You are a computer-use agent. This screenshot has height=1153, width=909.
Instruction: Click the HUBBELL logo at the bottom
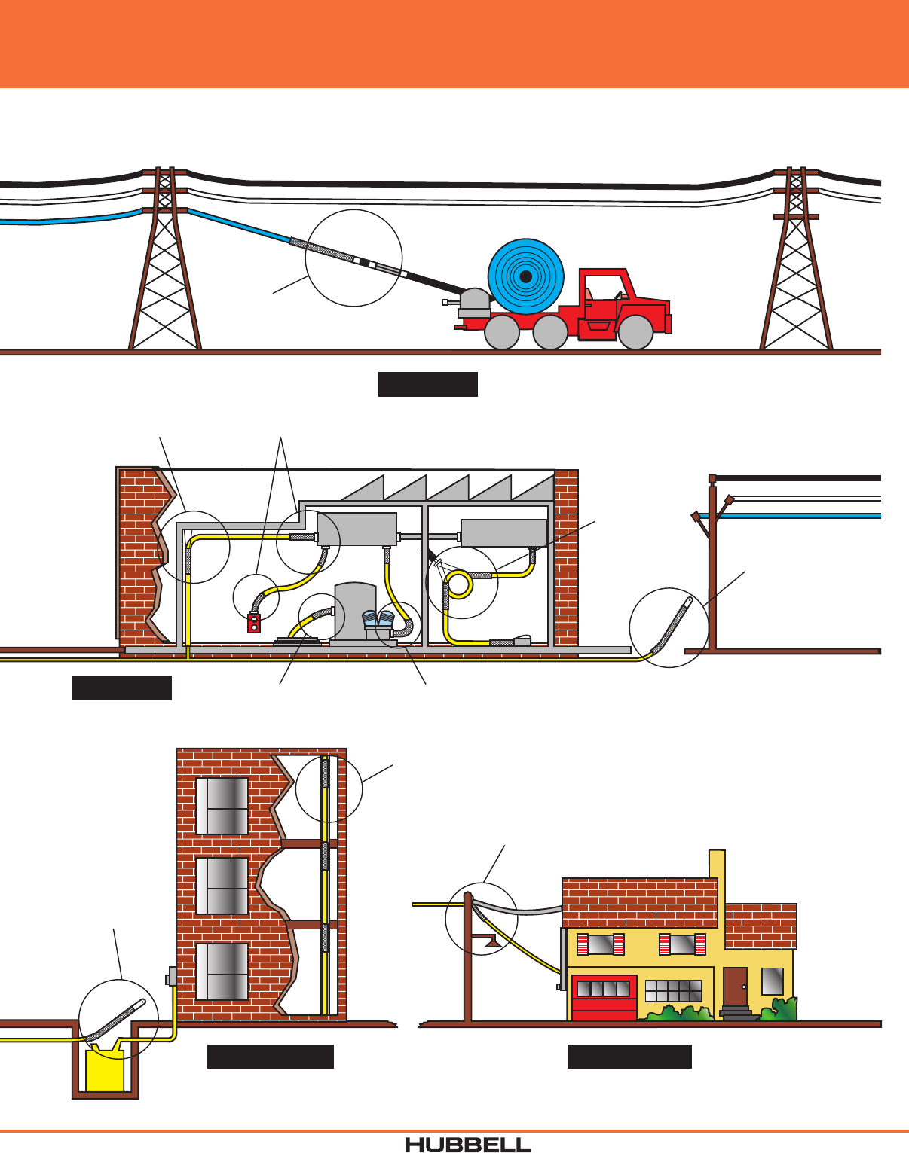467,1144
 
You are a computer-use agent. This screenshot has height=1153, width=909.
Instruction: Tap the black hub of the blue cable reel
526,276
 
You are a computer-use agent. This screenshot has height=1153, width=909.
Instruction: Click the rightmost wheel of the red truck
635,332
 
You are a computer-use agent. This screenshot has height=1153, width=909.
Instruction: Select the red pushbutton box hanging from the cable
254,623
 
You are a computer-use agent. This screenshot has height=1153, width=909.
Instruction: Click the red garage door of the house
604,998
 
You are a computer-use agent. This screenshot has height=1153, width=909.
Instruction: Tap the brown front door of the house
735,987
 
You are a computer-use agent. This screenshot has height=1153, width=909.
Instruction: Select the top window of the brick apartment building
222,806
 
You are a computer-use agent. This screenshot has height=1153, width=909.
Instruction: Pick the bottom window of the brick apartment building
222,972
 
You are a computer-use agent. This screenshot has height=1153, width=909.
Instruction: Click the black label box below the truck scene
427,384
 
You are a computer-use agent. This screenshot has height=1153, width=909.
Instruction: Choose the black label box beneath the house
629,1057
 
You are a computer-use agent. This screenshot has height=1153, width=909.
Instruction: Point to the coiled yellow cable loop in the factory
459,584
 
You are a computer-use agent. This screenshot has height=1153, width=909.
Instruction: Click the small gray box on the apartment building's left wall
171,976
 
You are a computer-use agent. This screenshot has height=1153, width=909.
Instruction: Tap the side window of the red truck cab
601,288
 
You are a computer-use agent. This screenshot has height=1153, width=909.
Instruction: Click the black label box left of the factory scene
122,688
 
